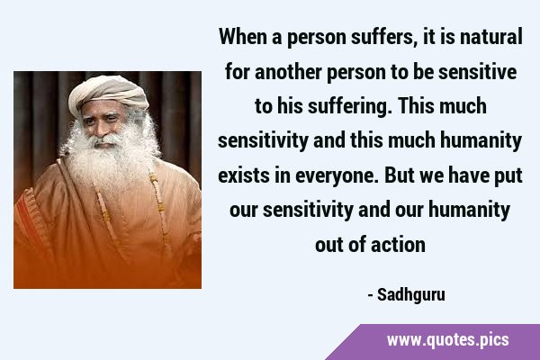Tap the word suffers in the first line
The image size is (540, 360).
point(382,37)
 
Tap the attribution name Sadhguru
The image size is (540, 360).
point(411,295)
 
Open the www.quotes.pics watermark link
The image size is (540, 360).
point(447,340)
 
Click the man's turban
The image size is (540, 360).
point(108,93)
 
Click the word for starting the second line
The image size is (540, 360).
point(238,72)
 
